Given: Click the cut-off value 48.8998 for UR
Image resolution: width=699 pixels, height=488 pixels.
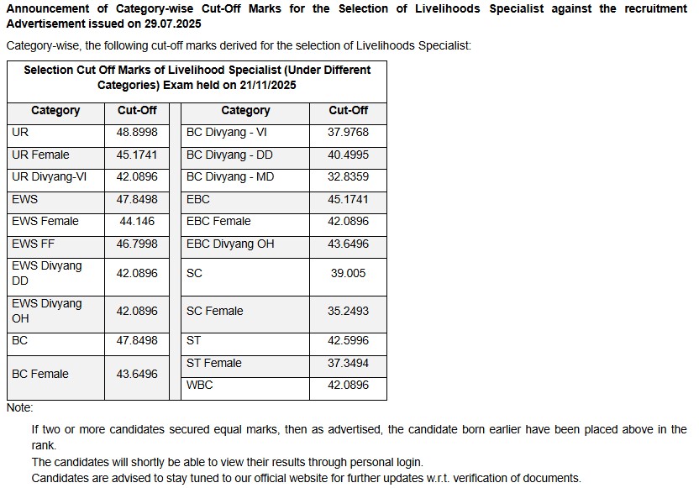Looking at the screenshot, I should coord(136,133).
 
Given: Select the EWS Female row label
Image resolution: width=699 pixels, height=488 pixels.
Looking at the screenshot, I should coord(45,222).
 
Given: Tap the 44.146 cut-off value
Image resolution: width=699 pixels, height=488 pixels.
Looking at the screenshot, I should coord(136,222).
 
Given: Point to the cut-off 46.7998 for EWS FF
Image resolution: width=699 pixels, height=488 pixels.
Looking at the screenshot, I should coord(136,244).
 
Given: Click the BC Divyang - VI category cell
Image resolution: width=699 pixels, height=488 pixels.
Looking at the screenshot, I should coord(226,133).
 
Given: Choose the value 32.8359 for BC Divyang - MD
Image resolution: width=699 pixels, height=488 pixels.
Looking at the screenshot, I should coord(348,177).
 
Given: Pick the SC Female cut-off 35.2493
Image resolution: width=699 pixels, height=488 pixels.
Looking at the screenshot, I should coord(348,311).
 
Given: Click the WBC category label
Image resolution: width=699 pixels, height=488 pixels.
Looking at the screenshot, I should coord(200,386).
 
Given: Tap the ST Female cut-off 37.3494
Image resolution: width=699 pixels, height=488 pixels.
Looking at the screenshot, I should coord(348,363).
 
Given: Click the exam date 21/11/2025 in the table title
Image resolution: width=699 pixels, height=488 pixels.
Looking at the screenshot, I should coord(266,85).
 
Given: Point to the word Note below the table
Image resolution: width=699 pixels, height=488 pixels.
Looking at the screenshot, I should coord(18,407).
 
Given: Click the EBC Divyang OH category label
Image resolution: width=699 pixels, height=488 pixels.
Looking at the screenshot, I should coord(230,244).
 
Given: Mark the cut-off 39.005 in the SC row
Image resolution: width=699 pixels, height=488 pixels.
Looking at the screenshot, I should coord(348,274).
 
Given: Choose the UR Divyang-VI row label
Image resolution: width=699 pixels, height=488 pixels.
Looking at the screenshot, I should coord(50,177).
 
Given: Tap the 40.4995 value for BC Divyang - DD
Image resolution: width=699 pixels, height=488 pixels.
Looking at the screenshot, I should coord(348,155).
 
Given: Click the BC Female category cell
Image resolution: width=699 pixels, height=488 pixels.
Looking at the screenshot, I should coord(40,375).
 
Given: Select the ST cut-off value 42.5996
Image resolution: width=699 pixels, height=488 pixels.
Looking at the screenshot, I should coord(348,341).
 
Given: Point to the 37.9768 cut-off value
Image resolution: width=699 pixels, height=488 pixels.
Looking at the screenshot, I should coord(348,133).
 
